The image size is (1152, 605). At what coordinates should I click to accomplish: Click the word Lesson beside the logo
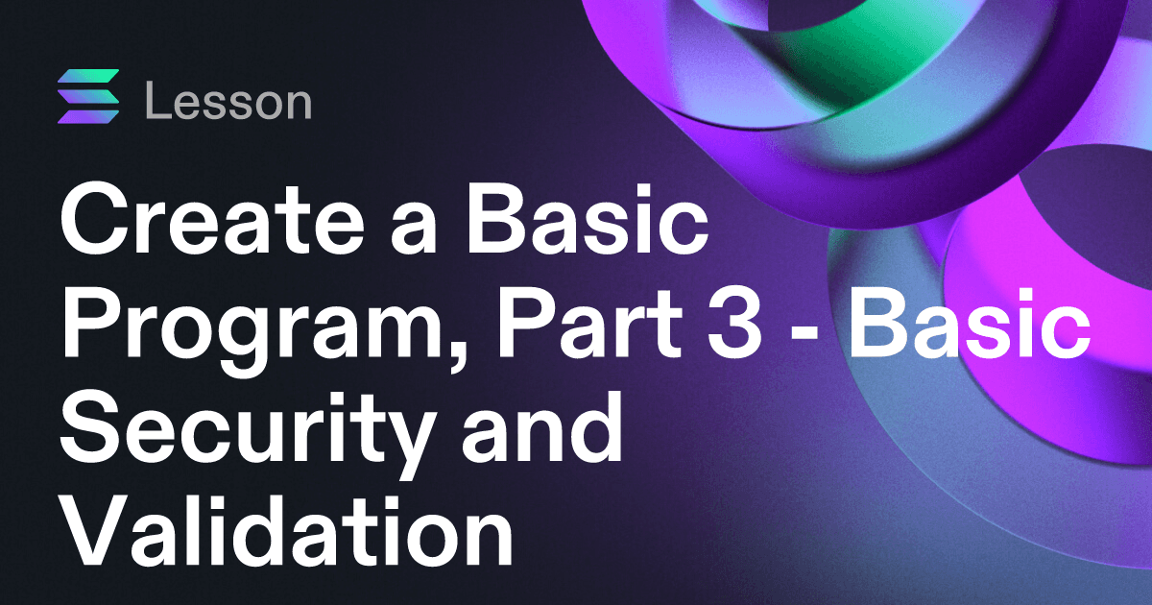point(228,101)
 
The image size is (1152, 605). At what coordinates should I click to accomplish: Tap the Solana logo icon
point(88,96)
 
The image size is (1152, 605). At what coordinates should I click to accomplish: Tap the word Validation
point(287,530)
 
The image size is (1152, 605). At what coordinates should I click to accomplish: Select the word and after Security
point(541,428)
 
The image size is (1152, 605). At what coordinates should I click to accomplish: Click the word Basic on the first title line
point(588,220)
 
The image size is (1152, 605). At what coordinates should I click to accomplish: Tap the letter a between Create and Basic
point(413,230)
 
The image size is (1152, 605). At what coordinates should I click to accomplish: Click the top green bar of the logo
point(88,76)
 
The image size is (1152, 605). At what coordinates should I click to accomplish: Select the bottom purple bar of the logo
point(88,117)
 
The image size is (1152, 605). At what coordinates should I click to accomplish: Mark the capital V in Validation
point(95,530)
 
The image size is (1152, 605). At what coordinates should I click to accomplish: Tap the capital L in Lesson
point(158,101)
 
